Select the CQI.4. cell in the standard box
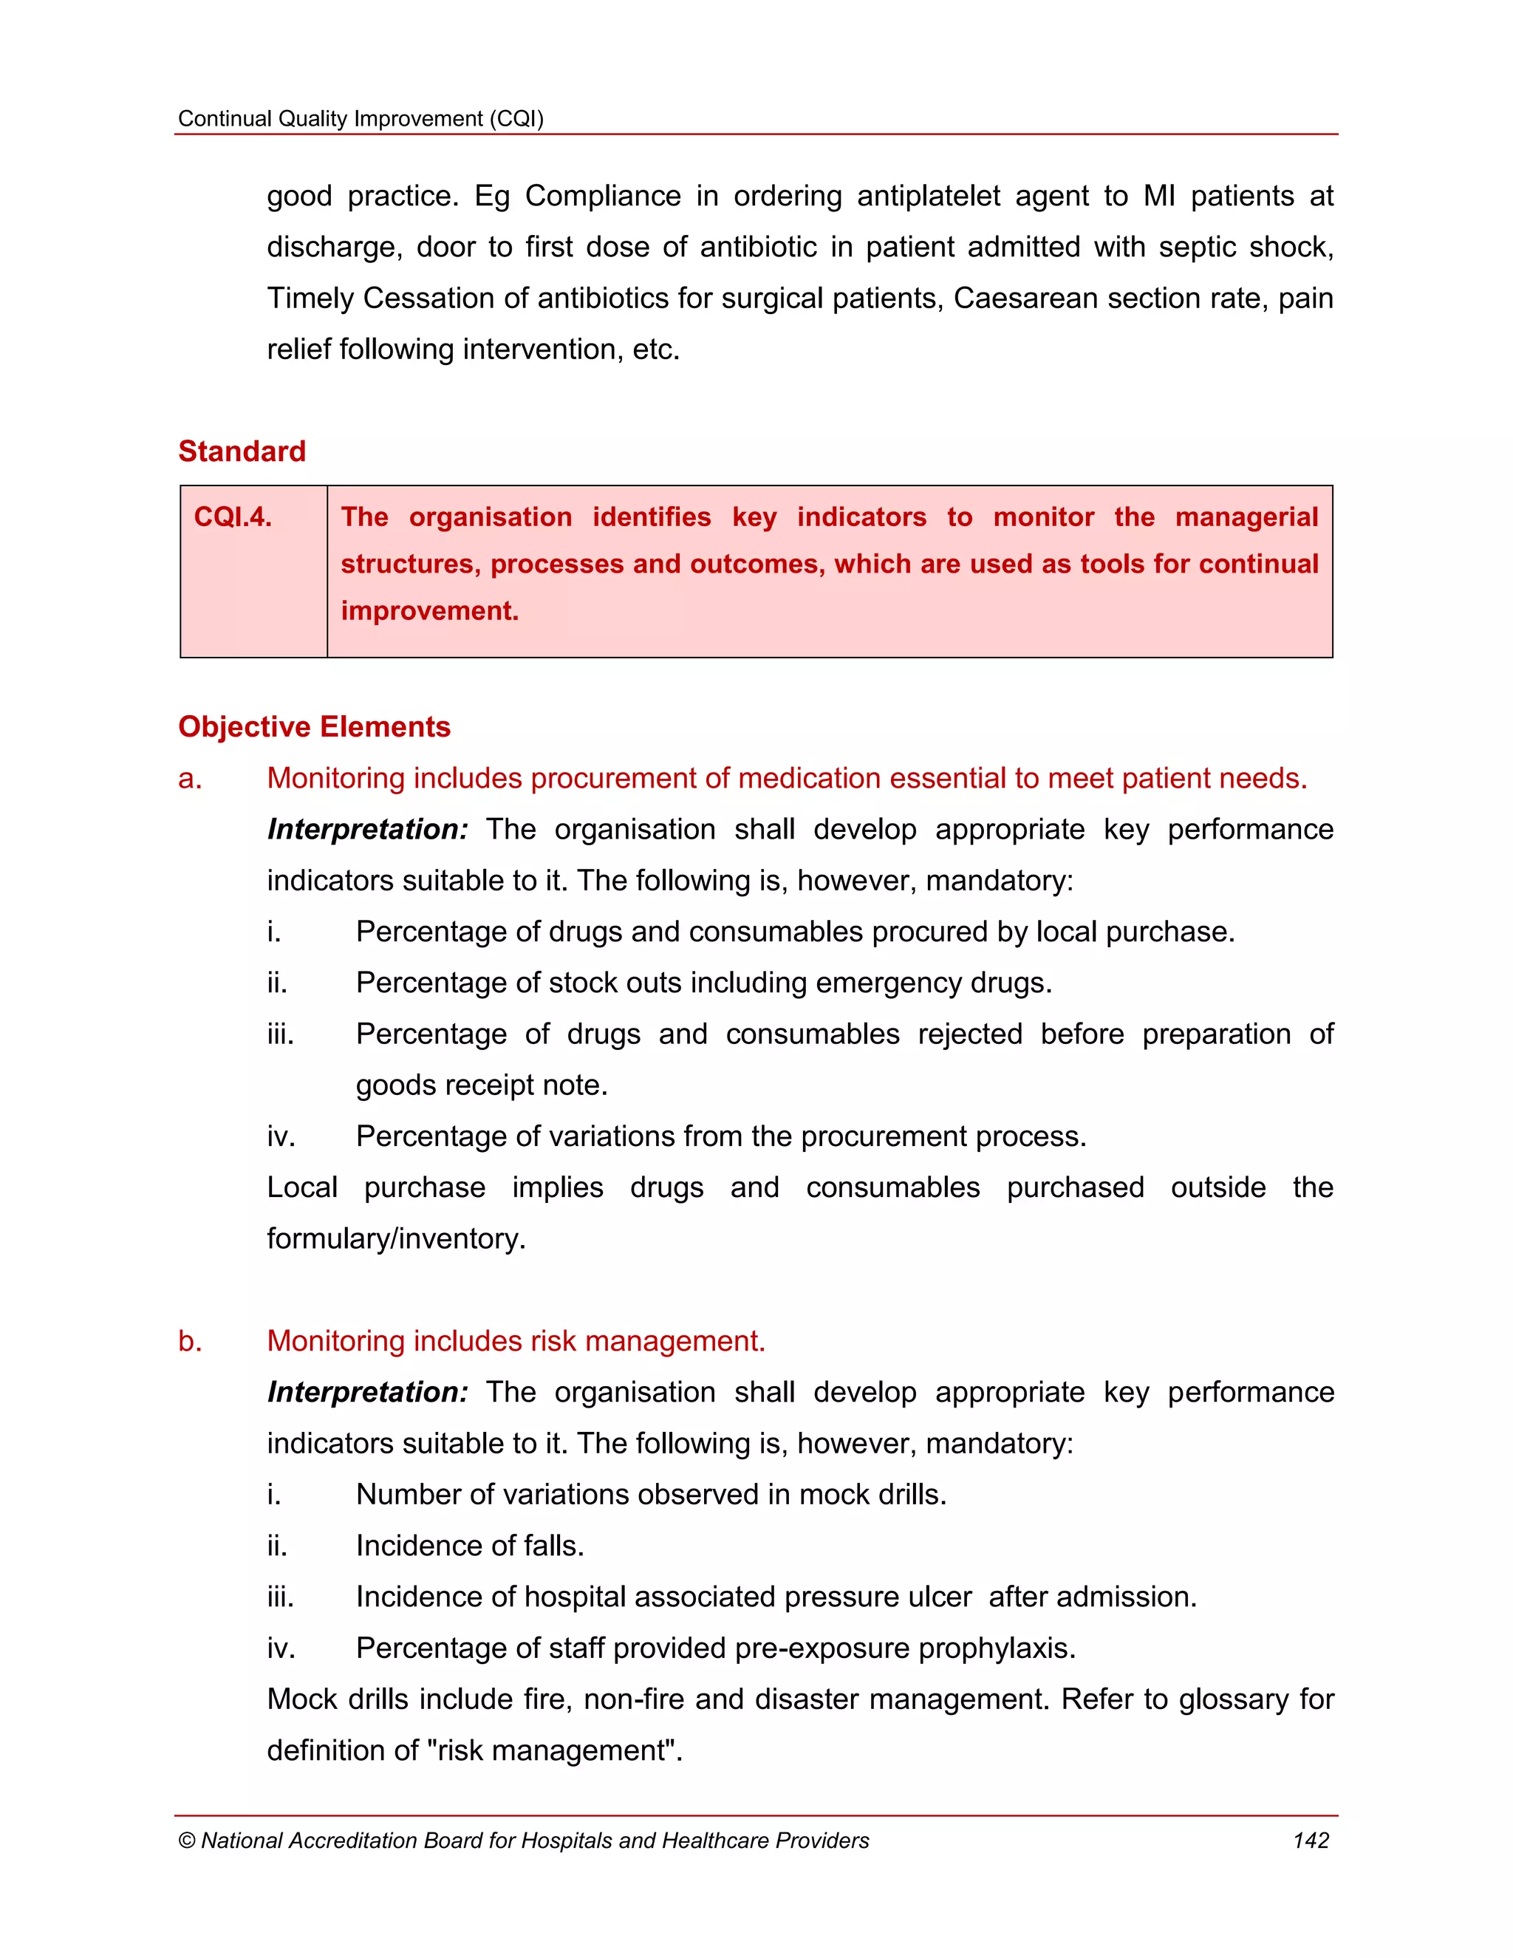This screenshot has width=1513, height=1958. pyautogui.click(x=233, y=517)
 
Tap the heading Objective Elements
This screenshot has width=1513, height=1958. pyautogui.click(x=314, y=726)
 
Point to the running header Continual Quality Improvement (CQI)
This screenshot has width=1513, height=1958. pyautogui.click(x=361, y=118)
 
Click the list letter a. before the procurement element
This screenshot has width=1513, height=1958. pyautogui.click(x=189, y=778)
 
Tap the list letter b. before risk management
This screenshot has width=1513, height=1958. pyautogui.click(x=189, y=1341)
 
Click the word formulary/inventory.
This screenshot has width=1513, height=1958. pyautogui.click(x=395, y=1239)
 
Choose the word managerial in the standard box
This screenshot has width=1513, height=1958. pyautogui.click(x=1246, y=517)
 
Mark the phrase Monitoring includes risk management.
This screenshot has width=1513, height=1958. pyautogui.click(x=516, y=1341)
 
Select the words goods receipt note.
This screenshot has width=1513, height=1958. pyautogui.click(x=482, y=1085)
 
